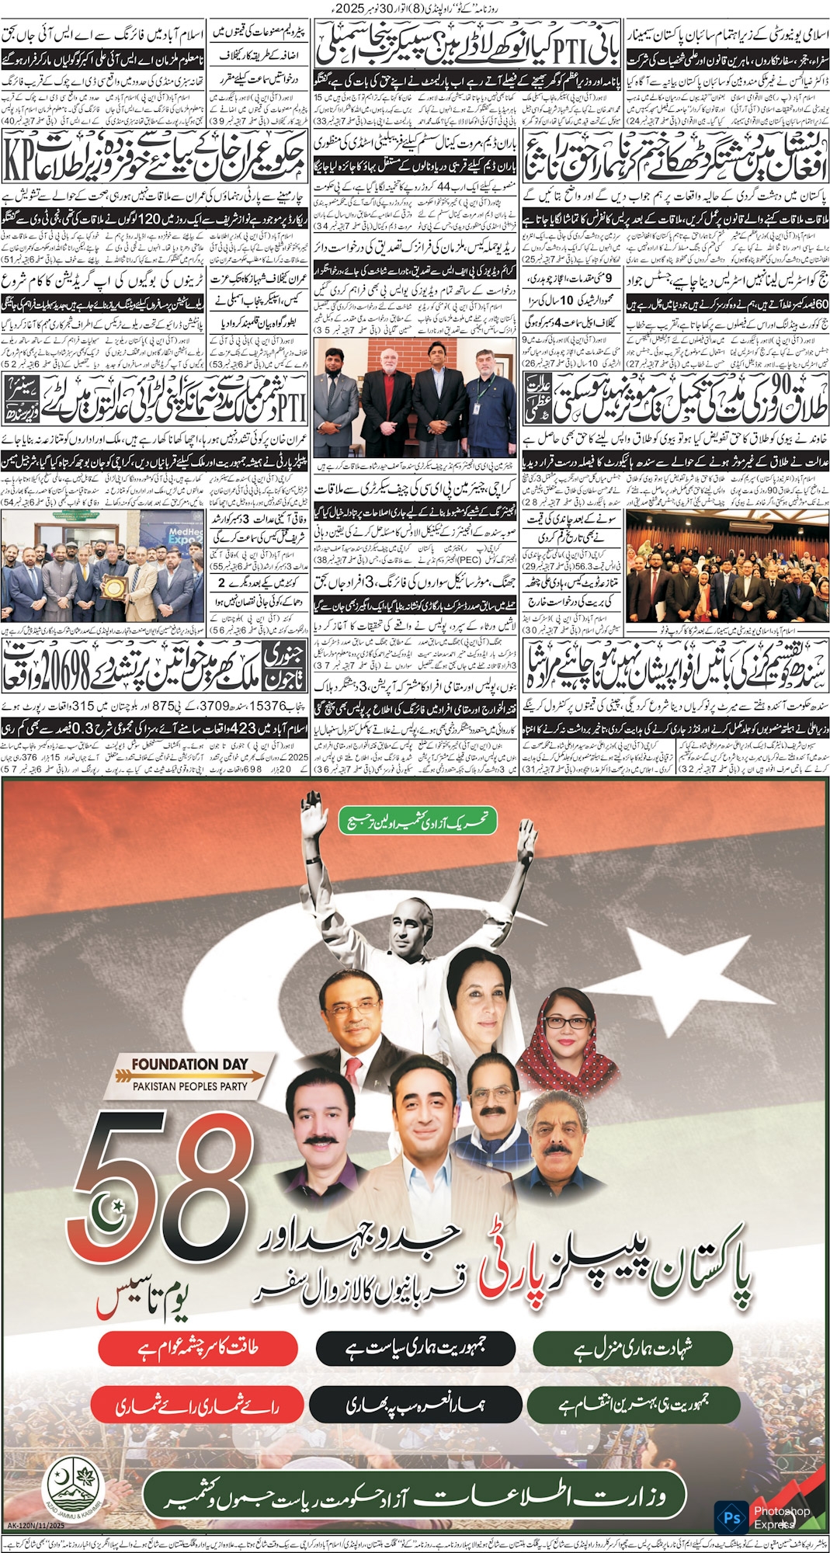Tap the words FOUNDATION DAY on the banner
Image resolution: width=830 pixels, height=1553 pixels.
(x=189, y=1065)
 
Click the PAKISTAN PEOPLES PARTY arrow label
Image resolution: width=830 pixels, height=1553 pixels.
(x=190, y=1086)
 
